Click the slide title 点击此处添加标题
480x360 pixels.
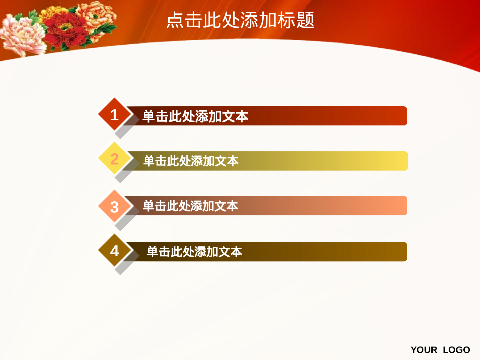tap(240, 20)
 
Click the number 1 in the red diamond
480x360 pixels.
tap(114, 115)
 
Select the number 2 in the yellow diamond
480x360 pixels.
tap(114, 159)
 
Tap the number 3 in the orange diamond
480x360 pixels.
tap(114, 207)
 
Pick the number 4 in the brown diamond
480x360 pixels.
tap(114, 251)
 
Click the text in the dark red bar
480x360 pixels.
tap(195, 116)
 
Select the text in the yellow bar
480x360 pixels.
tap(191, 161)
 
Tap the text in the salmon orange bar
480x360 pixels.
tap(190, 206)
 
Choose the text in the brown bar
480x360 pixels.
tap(194, 252)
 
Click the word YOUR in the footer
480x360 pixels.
tap(424, 350)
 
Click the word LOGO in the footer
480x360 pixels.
tap(456, 350)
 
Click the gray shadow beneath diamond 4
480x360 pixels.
tap(123, 268)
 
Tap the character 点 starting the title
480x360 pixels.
tap(175, 20)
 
